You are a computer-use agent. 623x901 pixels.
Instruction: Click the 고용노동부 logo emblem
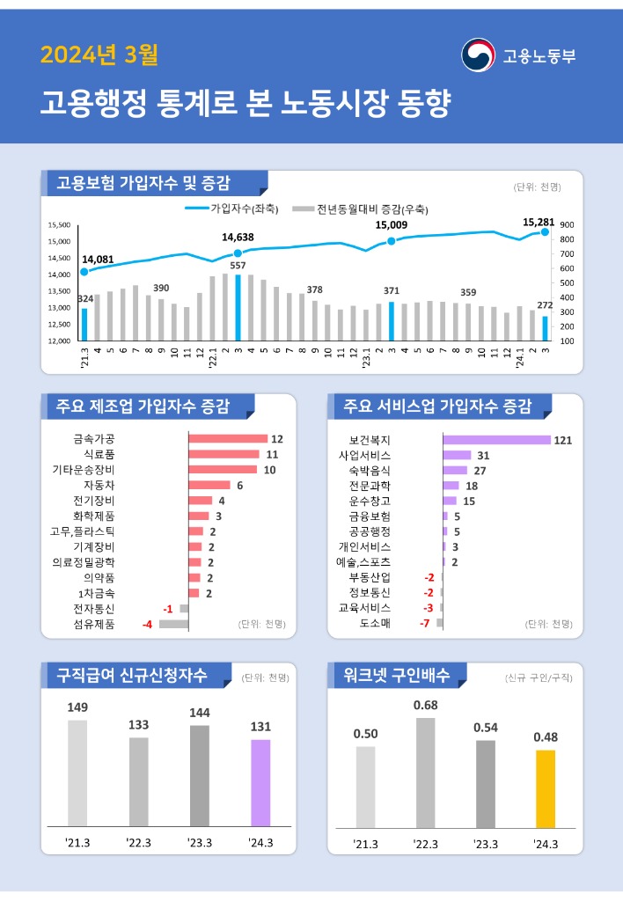[x=479, y=55]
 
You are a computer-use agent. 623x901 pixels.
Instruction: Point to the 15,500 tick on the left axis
[x=58, y=225]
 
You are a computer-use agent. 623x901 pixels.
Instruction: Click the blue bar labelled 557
[x=238, y=307]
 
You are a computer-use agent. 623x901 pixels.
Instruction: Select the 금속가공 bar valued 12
[x=228, y=438]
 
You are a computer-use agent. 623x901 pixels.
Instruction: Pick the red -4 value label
[x=148, y=624]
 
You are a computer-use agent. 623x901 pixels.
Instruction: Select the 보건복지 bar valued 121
[x=496, y=439]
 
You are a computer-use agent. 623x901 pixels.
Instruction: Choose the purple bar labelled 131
[x=260, y=782]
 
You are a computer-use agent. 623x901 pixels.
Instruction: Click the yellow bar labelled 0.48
[x=546, y=787]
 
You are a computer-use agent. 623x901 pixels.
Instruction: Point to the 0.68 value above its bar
[x=425, y=705]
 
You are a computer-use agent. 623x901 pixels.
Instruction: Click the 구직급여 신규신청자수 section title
[x=132, y=675]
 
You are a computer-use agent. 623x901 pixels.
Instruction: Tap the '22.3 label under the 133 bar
[x=139, y=843]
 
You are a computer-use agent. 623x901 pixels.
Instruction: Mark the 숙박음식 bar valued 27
[x=455, y=471]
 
